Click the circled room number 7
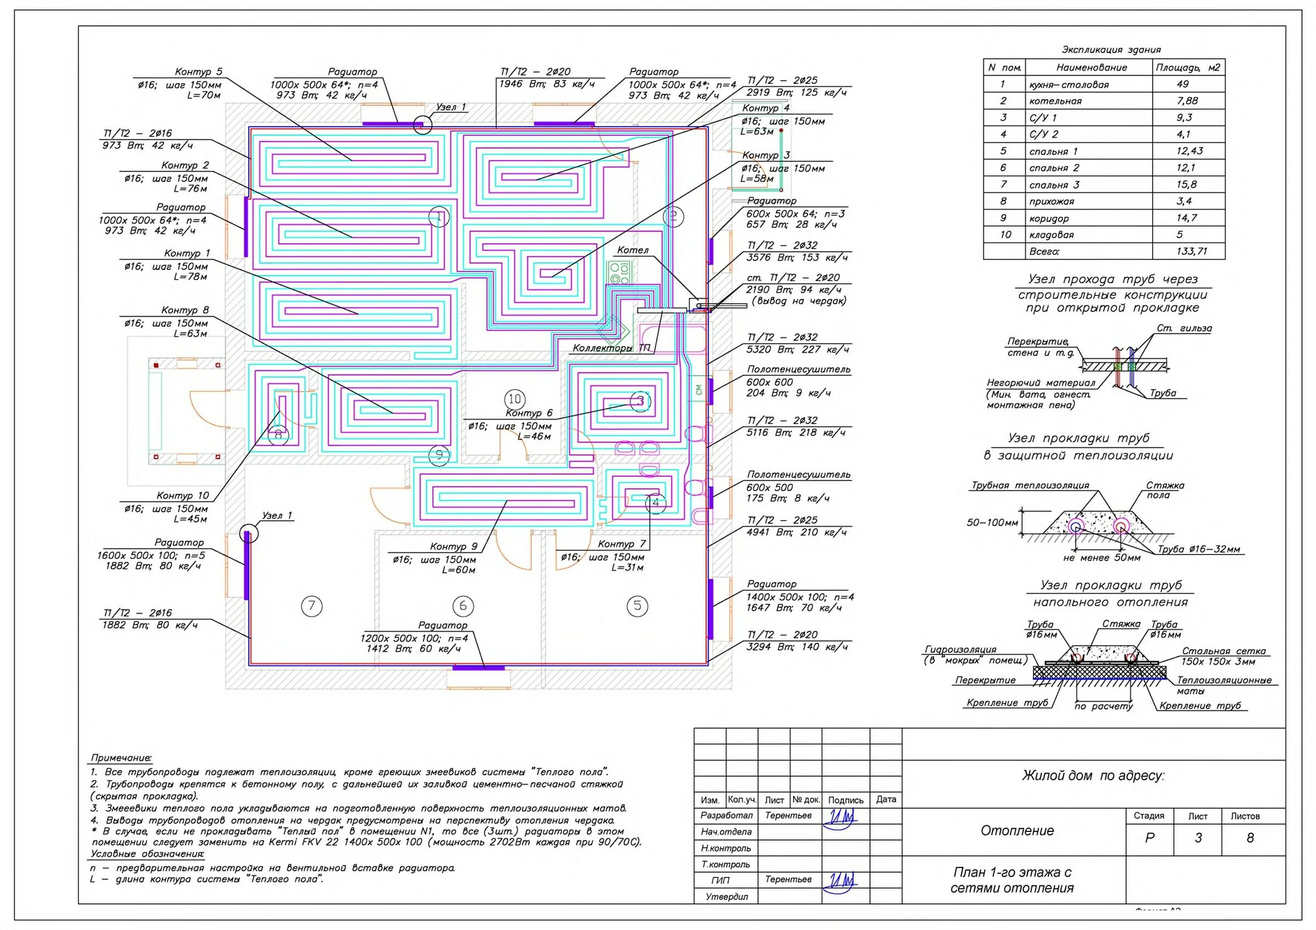pyautogui.click(x=311, y=606)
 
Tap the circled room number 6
pyautogui.click(x=463, y=606)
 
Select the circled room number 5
pyautogui.click(x=637, y=606)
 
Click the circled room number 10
pyautogui.click(x=515, y=399)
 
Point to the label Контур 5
pyautogui.click(x=198, y=72)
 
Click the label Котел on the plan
pyautogui.click(x=633, y=250)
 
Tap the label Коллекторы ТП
pyautogui.click(x=611, y=348)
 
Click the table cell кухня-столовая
pyautogui.click(x=1068, y=85)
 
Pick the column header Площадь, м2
pyautogui.click(x=1188, y=67)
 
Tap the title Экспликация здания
pyautogui.click(x=1111, y=50)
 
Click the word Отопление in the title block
pyautogui.click(x=1017, y=831)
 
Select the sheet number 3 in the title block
pyautogui.click(x=1198, y=838)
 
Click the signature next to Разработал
pyautogui.click(x=840, y=816)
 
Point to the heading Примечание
pyautogui.click(x=121, y=758)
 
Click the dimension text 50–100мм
pyautogui.click(x=992, y=523)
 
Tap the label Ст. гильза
pyautogui.click(x=1184, y=328)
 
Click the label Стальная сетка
pyautogui.click(x=1224, y=651)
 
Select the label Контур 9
pyautogui.click(x=453, y=546)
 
